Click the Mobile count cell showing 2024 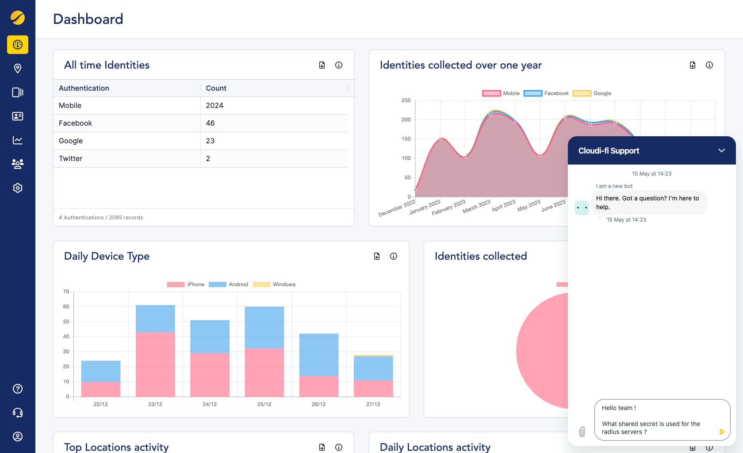[x=214, y=105]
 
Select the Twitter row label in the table [x=71, y=158]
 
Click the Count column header [x=216, y=88]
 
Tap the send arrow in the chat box [x=722, y=432]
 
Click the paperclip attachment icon [x=582, y=432]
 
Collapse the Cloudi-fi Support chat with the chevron [x=721, y=150]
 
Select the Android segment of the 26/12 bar [x=318, y=354]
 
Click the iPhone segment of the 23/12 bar [x=155, y=364]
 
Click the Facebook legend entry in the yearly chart [x=547, y=93]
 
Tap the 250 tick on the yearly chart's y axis [x=406, y=100]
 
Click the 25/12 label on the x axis [x=264, y=404]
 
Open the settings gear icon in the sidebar [x=18, y=188]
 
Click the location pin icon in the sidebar [x=18, y=69]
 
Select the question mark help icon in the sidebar [x=18, y=389]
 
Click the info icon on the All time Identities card [x=339, y=65]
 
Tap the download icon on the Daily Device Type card [x=377, y=256]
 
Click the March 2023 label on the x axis [x=477, y=207]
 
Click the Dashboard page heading [x=88, y=19]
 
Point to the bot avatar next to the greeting [x=582, y=207]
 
